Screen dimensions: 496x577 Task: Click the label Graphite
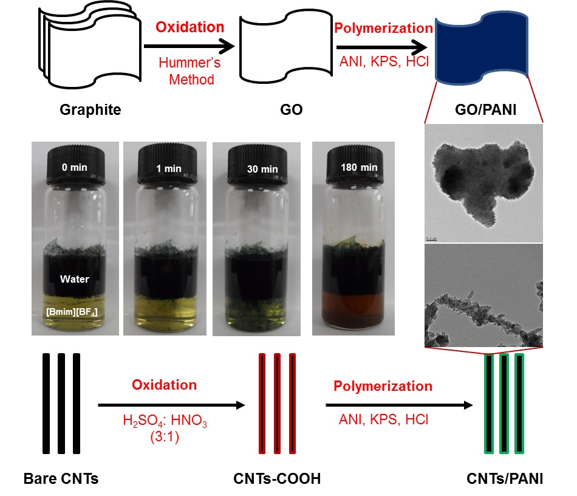90,110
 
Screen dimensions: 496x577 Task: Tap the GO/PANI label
490,110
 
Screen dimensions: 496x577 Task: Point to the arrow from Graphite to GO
188,46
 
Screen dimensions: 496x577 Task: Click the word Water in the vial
75,280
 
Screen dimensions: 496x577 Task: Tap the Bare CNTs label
61,479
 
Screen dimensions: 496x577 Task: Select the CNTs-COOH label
276,479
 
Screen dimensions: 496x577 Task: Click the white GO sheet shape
277,51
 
